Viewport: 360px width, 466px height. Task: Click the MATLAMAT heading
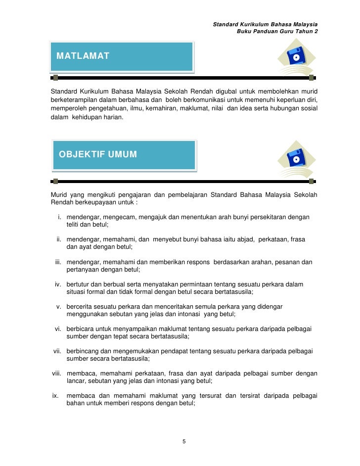[83, 55]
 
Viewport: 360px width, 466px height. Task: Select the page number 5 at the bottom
[184, 441]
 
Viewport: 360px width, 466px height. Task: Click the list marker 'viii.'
[58, 373]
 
